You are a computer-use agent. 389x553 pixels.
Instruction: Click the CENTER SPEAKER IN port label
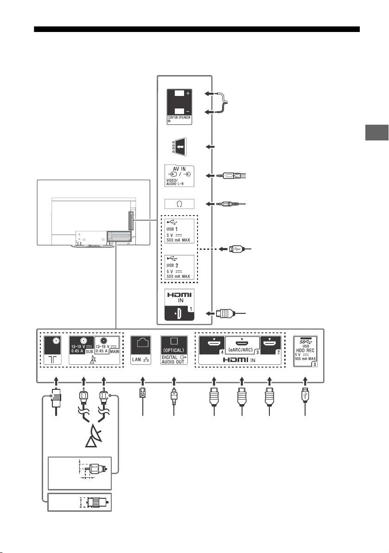[x=179, y=119]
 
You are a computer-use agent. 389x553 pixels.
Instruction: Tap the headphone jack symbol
[x=179, y=204]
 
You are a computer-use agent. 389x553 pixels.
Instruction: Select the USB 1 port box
[x=179, y=231]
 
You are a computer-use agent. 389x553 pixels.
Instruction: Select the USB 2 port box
[x=179, y=267]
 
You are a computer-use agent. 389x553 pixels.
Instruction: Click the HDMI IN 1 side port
[x=179, y=305]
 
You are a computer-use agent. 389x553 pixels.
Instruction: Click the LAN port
[x=141, y=350]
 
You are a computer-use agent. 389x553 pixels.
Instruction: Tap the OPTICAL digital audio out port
[x=174, y=350]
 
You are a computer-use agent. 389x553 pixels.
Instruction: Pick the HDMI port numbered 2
[x=271, y=345]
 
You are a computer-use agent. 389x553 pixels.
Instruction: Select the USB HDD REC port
[x=306, y=351]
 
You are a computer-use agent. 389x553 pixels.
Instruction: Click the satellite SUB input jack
[x=82, y=345]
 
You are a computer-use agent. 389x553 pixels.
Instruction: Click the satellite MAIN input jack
[x=107, y=345]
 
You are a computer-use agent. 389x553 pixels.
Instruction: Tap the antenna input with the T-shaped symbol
[x=52, y=350]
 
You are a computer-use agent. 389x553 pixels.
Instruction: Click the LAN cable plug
[x=142, y=393]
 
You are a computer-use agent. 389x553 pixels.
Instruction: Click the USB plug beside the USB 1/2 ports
[x=235, y=249]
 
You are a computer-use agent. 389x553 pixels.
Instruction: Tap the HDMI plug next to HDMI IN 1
[x=225, y=313]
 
